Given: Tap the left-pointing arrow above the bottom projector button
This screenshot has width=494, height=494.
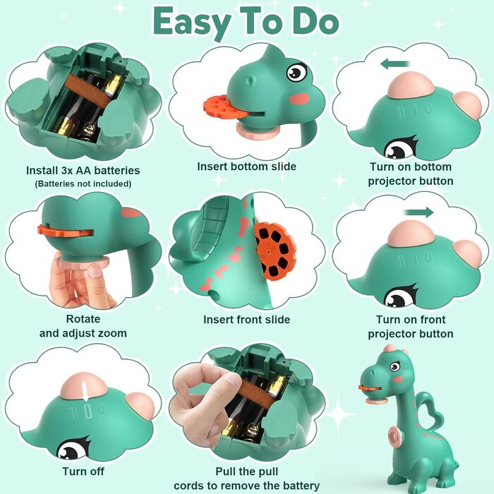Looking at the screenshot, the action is (395, 64).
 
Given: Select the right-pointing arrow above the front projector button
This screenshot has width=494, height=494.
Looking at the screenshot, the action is (419, 212).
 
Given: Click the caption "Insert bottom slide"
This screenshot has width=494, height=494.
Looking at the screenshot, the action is (247, 167).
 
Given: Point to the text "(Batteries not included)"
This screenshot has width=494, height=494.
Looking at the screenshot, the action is (83, 183).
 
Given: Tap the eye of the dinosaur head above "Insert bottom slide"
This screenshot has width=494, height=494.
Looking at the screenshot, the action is (297, 73).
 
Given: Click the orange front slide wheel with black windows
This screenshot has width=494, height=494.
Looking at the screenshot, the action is (275, 251).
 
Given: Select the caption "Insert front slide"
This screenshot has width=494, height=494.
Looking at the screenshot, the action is (247, 320).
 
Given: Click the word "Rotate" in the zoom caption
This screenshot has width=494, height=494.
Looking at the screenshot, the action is (83, 319).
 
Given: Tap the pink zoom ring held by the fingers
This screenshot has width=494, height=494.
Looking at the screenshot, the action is (83, 263).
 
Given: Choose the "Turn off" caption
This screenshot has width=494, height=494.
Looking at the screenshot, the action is (83, 471).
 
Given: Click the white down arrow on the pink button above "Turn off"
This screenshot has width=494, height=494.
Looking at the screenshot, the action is (85, 391).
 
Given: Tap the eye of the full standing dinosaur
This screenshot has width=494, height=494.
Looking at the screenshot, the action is (394, 366).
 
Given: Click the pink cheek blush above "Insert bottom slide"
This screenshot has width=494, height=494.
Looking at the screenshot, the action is (299, 99).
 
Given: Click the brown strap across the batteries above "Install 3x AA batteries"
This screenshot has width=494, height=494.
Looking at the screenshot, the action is (89, 91).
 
